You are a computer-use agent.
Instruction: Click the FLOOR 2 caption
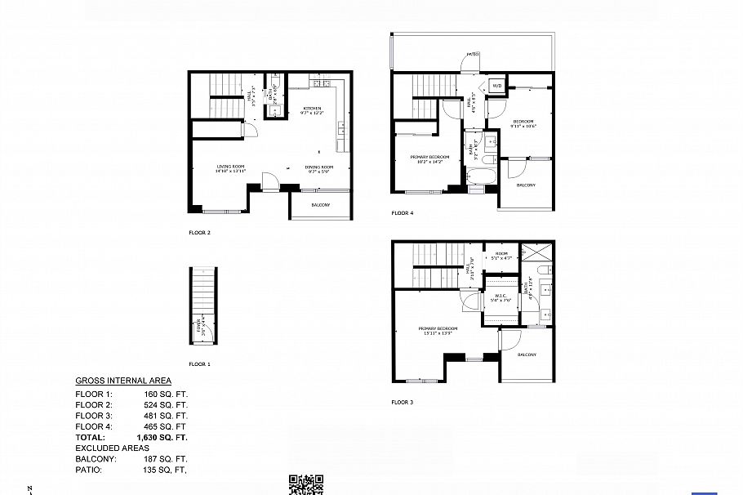(199, 233)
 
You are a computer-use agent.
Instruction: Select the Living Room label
(230, 168)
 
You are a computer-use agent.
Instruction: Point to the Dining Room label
(318, 168)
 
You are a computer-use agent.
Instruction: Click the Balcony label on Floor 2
(321, 205)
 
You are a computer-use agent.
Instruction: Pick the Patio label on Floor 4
(472, 55)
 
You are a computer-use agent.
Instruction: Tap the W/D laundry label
(496, 85)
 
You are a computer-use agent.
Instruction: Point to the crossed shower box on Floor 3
(542, 252)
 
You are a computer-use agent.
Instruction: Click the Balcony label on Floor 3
(527, 355)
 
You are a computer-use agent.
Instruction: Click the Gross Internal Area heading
(123, 381)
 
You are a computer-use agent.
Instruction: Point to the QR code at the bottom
(306, 484)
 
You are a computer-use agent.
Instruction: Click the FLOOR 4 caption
(402, 213)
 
